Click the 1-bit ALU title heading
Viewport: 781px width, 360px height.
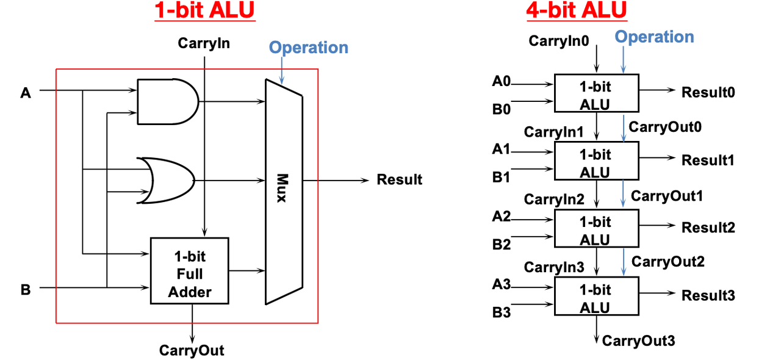(x=204, y=10)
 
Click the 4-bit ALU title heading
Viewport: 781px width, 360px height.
(x=577, y=10)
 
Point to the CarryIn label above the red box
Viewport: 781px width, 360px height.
(x=204, y=43)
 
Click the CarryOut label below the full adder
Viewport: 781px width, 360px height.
(x=192, y=350)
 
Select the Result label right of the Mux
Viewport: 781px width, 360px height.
(x=400, y=179)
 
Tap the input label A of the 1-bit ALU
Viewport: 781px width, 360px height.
(x=26, y=93)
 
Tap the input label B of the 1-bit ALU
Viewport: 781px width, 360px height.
(x=26, y=290)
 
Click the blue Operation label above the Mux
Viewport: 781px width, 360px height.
(x=309, y=48)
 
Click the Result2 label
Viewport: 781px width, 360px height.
(x=708, y=228)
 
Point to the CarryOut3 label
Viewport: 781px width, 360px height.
(x=638, y=341)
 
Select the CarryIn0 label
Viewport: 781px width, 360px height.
(x=559, y=41)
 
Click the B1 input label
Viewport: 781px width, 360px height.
(x=502, y=177)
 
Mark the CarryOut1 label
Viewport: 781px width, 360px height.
(x=667, y=196)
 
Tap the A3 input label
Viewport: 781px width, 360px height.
(x=502, y=284)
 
